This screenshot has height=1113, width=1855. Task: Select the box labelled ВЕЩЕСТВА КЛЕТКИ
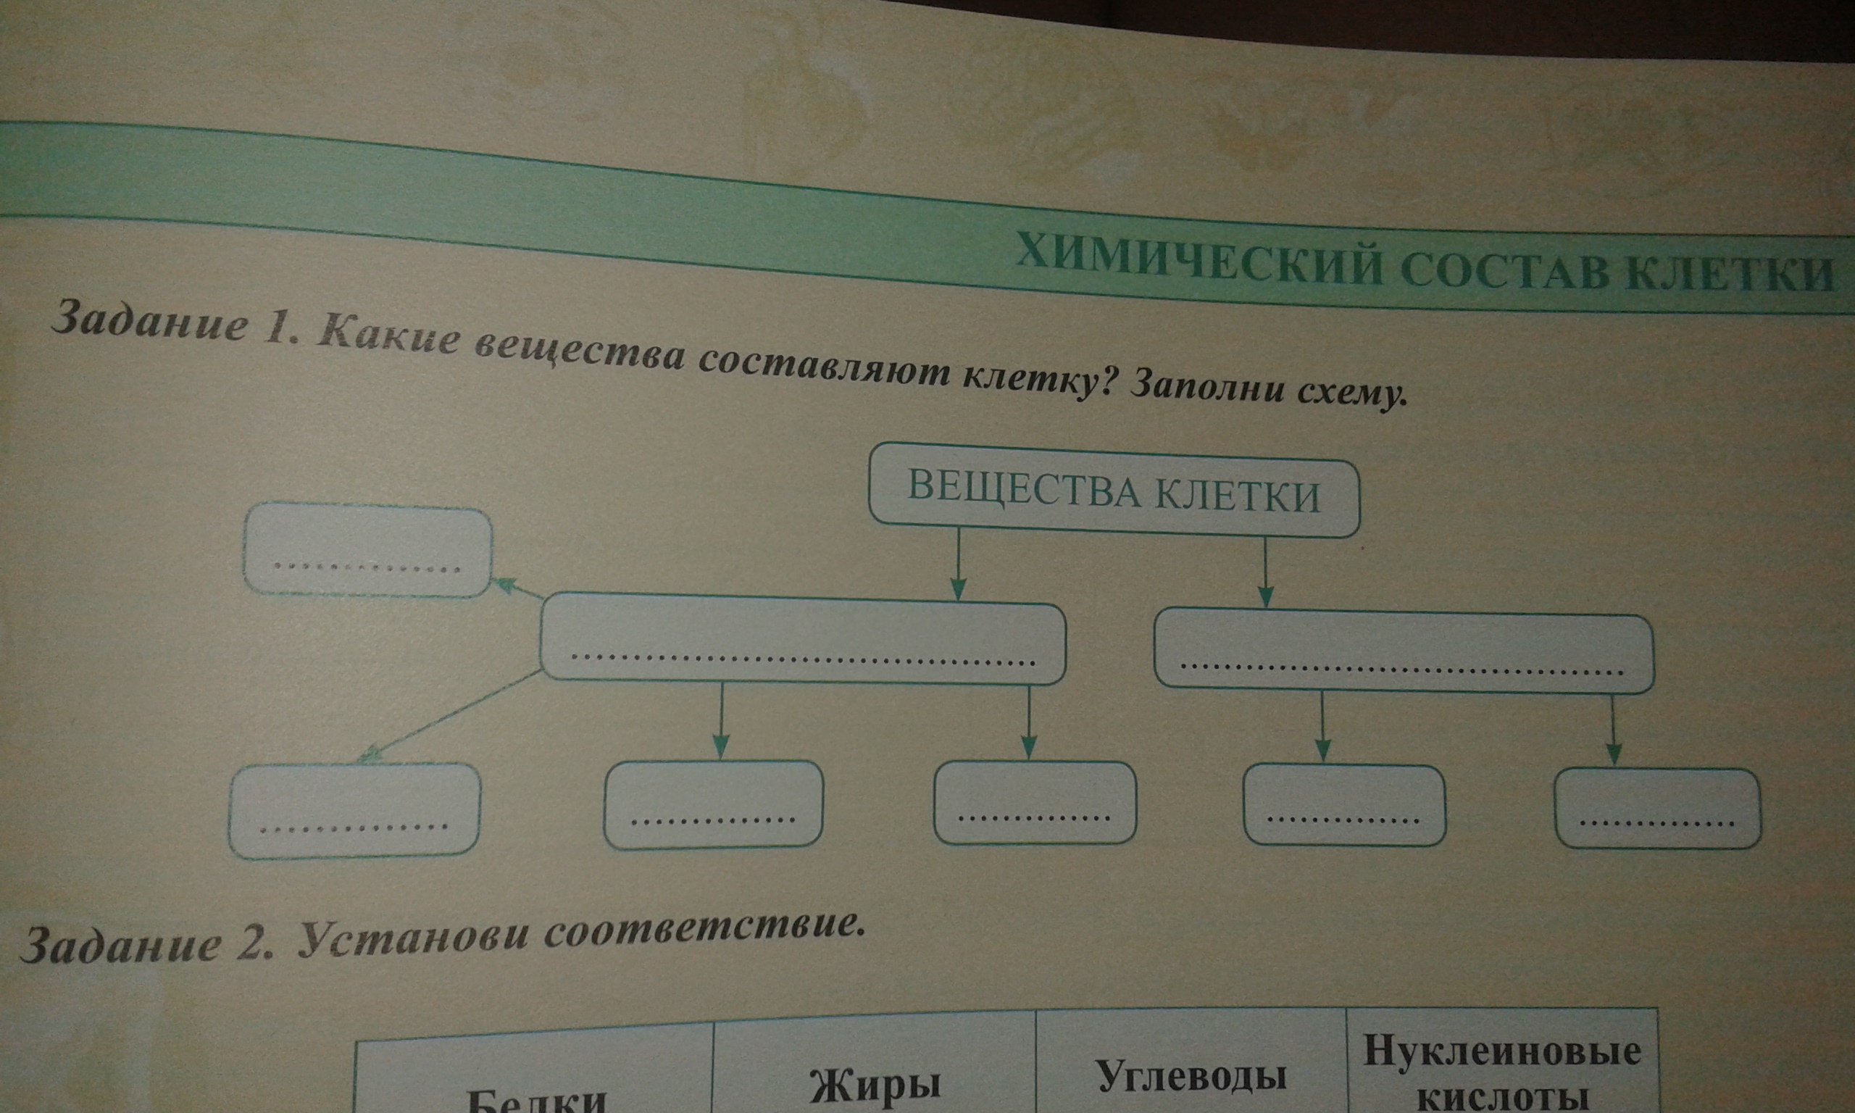click(x=1114, y=492)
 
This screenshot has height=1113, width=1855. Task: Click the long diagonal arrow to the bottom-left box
click(x=450, y=717)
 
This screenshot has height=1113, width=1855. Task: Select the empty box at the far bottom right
click(x=1657, y=809)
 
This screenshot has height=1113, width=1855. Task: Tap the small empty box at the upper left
click(x=367, y=550)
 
